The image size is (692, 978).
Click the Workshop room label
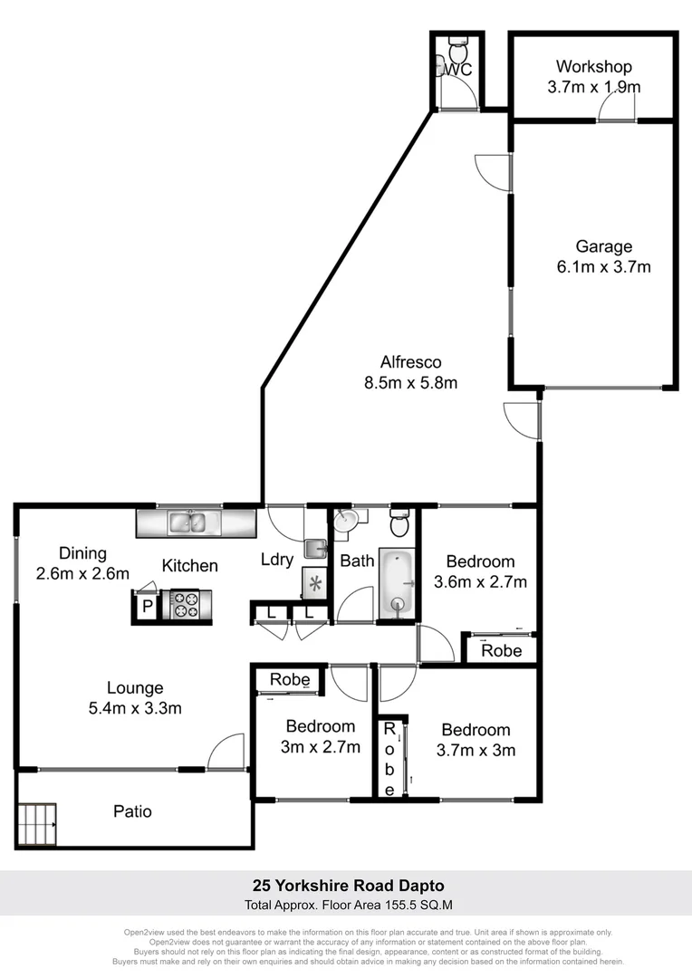point(593,67)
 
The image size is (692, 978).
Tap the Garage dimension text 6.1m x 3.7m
point(604,267)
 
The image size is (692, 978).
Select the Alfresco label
point(410,362)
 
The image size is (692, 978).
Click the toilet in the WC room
point(457,43)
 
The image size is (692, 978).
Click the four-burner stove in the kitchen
point(185,604)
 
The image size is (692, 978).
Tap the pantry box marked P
point(146,608)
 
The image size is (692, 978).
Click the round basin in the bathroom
point(345,522)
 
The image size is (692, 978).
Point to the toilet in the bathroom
point(399,523)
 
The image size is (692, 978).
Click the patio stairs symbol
point(37,824)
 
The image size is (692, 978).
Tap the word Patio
point(132,811)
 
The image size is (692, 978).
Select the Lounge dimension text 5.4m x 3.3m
point(135,708)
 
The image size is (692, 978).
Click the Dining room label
point(83,553)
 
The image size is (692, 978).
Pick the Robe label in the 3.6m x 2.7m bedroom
point(501,650)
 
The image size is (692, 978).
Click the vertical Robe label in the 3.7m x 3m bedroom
point(389,759)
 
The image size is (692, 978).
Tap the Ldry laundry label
point(276,560)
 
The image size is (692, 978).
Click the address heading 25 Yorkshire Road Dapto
point(347,886)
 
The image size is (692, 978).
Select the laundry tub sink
point(314,548)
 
